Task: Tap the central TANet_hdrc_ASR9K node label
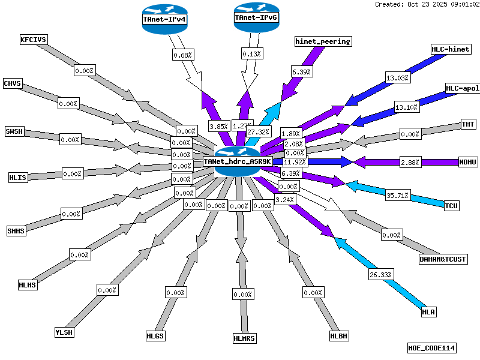click(x=238, y=161)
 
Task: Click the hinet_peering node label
click(x=323, y=41)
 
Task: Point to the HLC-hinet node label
click(x=451, y=49)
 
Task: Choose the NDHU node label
click(x=467, y=162)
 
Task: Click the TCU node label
click(x=451, y=206)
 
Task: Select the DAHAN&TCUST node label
click(x=443, y=259)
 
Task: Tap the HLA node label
click(x=428, y=311)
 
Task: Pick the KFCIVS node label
click(x=34, y=40)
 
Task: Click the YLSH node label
click(x=64, y=332)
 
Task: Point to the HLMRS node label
click(x=244, y=338)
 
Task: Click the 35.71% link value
click(x=397, y=195)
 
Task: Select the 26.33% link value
click(x=380, y=274)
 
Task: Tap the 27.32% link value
click(x=259, y=131)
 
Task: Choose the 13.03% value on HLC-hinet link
click(x=397, y=77)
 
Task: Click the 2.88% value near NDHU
click(x=411, y=162)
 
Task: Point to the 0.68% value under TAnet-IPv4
click(x=182, y=55)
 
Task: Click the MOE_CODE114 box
click(x=431, y=347)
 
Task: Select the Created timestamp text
click(x=427, y=4)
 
